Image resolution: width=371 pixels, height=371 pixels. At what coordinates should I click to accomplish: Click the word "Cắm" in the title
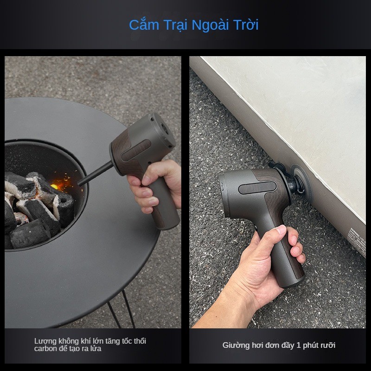(144, 25)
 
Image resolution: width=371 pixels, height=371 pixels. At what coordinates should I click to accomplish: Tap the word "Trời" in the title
(246, 25)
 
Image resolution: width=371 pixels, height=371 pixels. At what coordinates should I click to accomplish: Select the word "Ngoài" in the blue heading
(210, 26)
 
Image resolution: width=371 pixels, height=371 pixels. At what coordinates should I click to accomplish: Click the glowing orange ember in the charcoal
(55, 187)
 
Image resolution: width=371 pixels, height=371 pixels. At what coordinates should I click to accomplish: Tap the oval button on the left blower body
(135, 150)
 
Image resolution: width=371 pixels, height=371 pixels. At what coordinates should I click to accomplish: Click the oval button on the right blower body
(257, 188)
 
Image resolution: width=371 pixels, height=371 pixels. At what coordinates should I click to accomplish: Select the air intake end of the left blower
(163, 130)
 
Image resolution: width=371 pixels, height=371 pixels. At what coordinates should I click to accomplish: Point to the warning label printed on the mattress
(358, 239)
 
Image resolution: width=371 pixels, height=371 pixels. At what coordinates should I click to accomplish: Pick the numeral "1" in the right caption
(298, 345)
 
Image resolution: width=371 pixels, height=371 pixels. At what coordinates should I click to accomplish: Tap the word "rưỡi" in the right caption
(328, 345)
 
